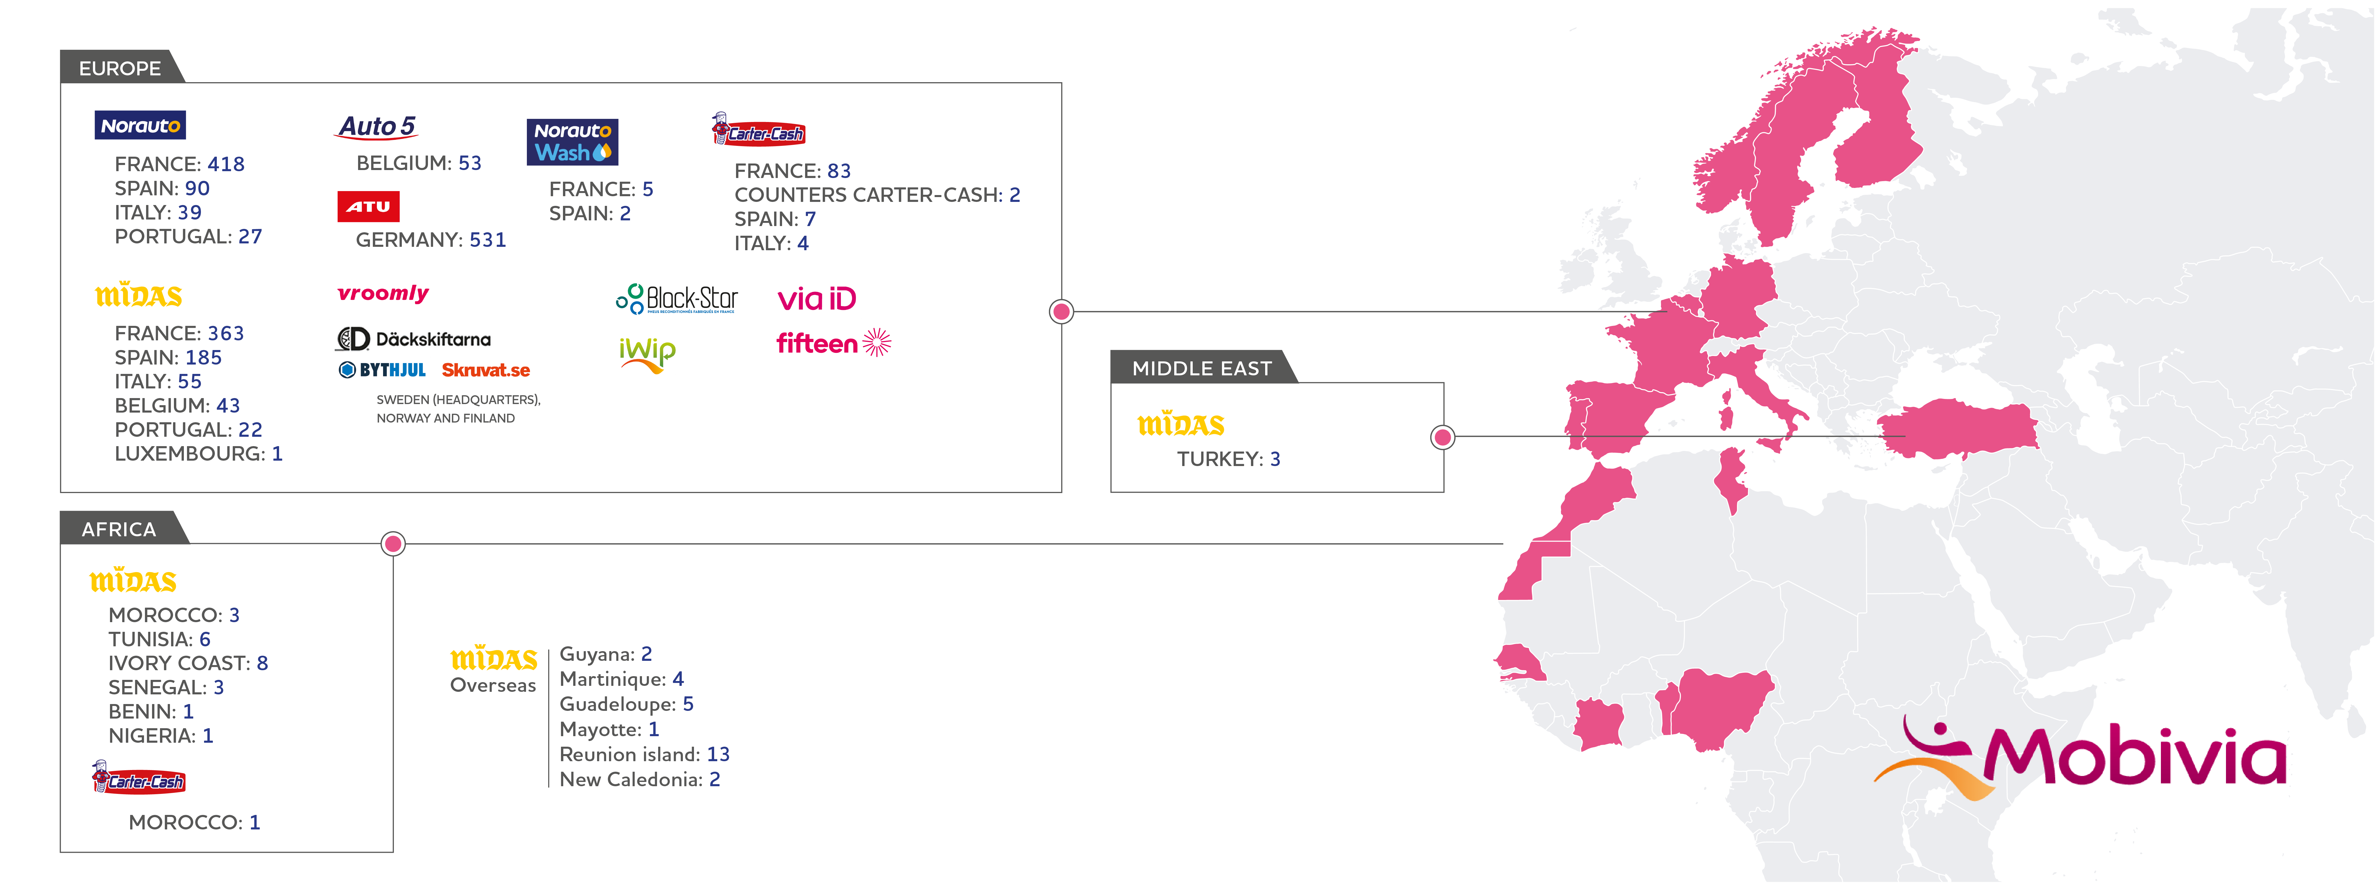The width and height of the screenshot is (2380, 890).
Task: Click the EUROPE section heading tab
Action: point(120,69)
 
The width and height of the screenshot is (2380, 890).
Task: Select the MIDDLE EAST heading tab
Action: point(1202,368)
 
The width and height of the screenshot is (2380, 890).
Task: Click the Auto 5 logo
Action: point(377,127)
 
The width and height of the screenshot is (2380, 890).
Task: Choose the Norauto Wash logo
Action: point(572,142)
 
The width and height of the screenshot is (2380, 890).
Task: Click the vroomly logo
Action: point(383,294)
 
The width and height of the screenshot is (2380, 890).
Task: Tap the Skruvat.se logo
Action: point(485,371)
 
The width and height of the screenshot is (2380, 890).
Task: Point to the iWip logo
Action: point(647,355)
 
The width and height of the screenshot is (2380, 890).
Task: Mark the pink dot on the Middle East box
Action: point(1442,437)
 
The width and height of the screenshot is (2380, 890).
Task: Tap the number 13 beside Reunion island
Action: point(718,754)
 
